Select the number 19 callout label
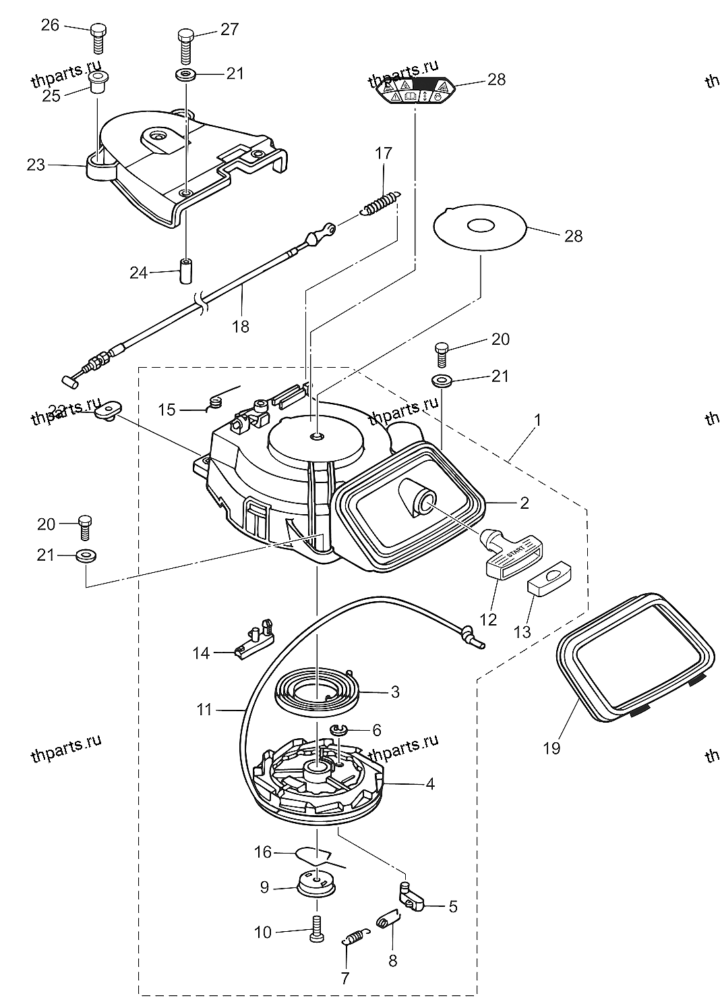point(551,748)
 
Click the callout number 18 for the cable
point(240,327)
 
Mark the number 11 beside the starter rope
point(205,710)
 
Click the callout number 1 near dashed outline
point(537,420)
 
